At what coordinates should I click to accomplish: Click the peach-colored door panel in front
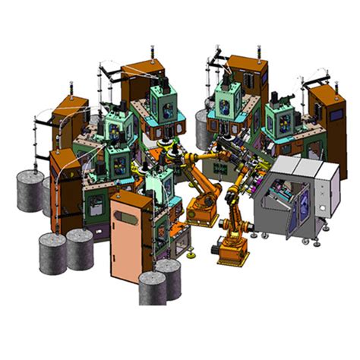tap(131, 232)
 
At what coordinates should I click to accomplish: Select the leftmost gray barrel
tap(31, 191)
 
